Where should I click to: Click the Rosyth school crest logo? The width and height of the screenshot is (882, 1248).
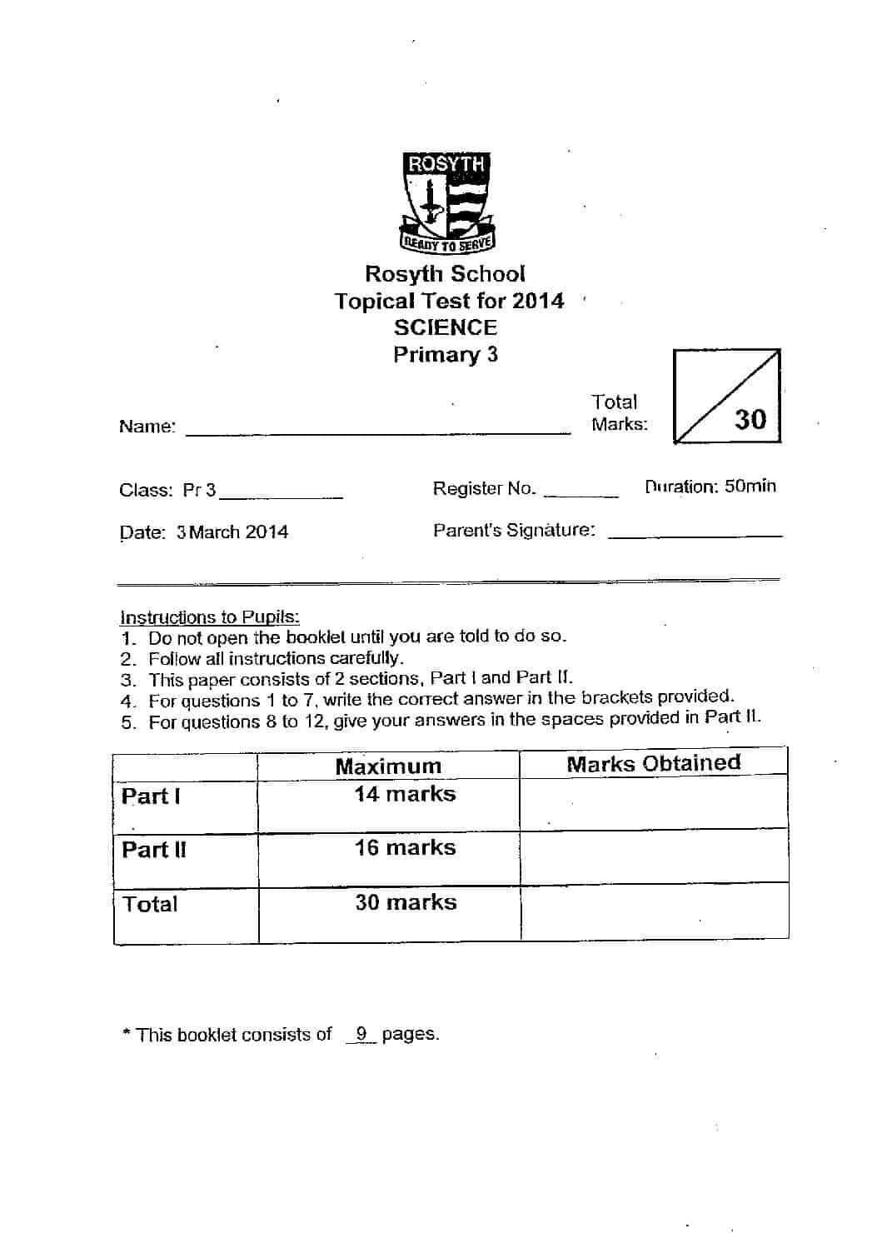[x=447, y=202]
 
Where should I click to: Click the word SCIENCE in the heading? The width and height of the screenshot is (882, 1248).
[x=446, y=327]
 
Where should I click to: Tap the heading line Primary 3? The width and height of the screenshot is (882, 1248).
[x=446, y=355]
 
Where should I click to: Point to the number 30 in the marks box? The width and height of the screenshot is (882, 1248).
[x=750, y=419]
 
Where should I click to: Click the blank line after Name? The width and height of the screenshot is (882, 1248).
[x=378, y=431]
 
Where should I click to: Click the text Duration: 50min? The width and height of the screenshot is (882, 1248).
[x=710, y=487]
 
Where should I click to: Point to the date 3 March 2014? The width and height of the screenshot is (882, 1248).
[x=232, y=532]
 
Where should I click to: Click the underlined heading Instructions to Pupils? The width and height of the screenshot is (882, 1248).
[x=210, y=617]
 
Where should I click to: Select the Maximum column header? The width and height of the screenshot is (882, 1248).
[x=388, y=766]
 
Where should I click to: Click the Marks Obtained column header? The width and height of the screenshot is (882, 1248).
[x=653, y=763]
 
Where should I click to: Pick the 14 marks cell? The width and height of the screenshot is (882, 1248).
[x=406, y=794]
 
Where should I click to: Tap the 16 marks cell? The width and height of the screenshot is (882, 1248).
[x=406, y=848]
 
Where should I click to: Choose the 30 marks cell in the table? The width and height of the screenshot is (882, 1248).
[x=406, y=902]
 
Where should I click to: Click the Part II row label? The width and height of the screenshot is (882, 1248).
[x=154, y=850]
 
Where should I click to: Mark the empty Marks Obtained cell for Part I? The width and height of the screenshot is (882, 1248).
[x=653, y=804]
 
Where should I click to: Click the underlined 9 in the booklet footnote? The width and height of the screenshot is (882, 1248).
[x=361, y=1034]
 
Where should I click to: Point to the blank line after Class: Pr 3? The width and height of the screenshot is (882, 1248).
[x=281, y=496]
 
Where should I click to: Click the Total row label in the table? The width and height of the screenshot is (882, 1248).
[x=150, y=904]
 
